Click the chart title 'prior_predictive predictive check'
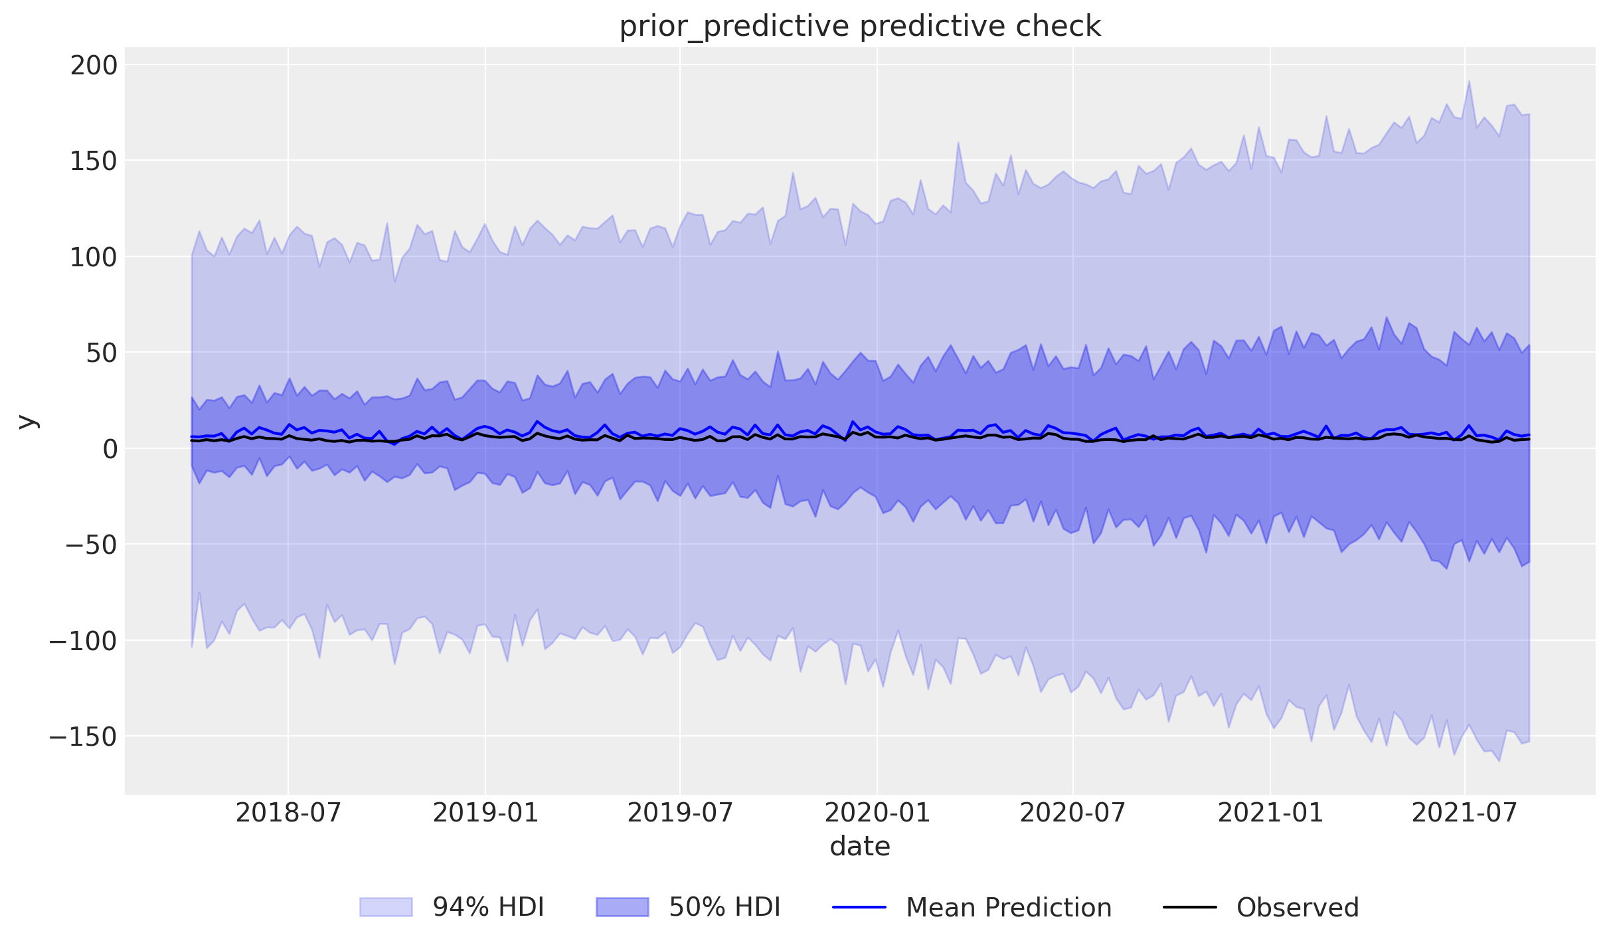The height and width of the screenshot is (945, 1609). pyautogui.click(x=860, y=27)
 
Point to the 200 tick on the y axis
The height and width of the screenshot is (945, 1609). pyautogui.click(x=94, y=65)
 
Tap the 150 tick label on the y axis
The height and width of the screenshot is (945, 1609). pyautogui.click(x=94, y=161)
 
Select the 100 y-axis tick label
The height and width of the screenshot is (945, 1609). pyautogui.click(x=94, y=257)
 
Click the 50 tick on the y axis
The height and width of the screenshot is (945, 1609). pyautogui.click(x=102, y=353)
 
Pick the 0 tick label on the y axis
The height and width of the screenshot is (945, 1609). pyautogui.click(x=110, y=449)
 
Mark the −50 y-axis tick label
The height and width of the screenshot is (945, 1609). pyautogui.click(x=91, y=545)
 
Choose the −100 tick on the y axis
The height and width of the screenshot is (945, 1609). pyautogui.click(x=83, y=641)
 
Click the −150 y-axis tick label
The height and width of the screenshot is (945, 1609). pyautogui.click(x=83, y=736)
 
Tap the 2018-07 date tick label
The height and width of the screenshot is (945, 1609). pyautogui.click(x=288, y=812)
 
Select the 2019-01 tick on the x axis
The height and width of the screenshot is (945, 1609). pyautogui.click(x=485, y=812)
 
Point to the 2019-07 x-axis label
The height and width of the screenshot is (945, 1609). pyautogui.click(x=680, y=812)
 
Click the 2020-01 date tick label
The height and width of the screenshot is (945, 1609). pyautogui.click(x=877, y=812)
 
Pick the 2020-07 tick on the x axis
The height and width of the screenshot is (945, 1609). pyautogui.click(x=1072, y=812)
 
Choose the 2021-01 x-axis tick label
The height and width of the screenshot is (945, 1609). pyautogui.click(x=1270, y=812)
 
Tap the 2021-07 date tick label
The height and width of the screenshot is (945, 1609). pyautogui.click(x=1464, y=812)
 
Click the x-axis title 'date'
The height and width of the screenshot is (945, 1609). pyautogui.click(x=860, y=847)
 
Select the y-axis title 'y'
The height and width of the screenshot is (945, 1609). pyautogui.click(x=27, y=421)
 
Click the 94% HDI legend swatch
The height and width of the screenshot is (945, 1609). pyautogui.click(x=386, y=907)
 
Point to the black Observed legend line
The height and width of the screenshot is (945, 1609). pyautogui.click(x=1190, y=907)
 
